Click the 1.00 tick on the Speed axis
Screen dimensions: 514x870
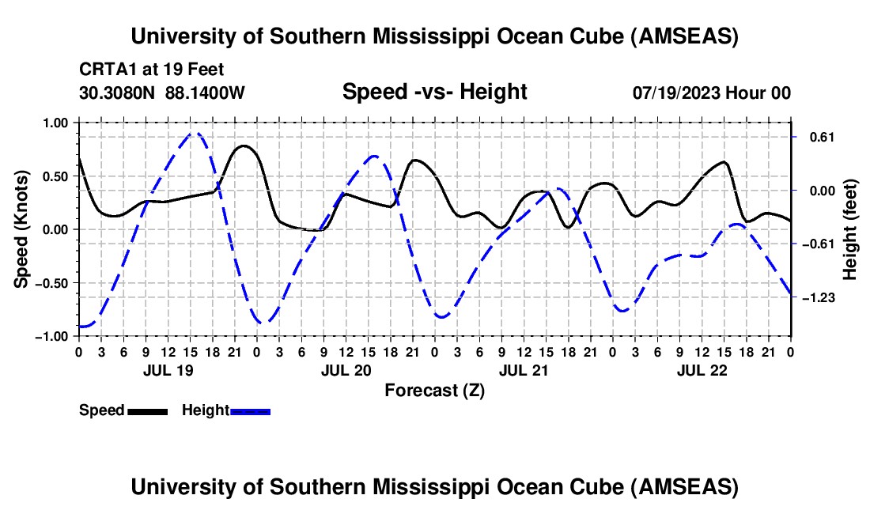coord(55,123)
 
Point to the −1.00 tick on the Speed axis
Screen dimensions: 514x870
coord(53,336)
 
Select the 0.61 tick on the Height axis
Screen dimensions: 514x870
coord(815,137)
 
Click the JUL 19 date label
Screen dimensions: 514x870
coord(168,369)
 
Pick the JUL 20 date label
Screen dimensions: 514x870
coord(346,369)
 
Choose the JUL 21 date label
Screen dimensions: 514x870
coord(524,369)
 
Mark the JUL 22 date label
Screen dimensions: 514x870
coord(702,369)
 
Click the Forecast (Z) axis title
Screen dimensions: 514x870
coord(434,390)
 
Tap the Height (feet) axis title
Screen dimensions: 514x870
coord(850,229)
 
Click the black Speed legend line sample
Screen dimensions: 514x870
coord(148,411)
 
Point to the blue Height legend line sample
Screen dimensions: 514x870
coord(251,411)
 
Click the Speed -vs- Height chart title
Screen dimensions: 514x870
coord(434,92)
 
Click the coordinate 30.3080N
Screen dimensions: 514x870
coord(119,93)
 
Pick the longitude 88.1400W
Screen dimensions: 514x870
coord(206,93)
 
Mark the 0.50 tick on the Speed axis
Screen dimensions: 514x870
coord(55,176)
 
